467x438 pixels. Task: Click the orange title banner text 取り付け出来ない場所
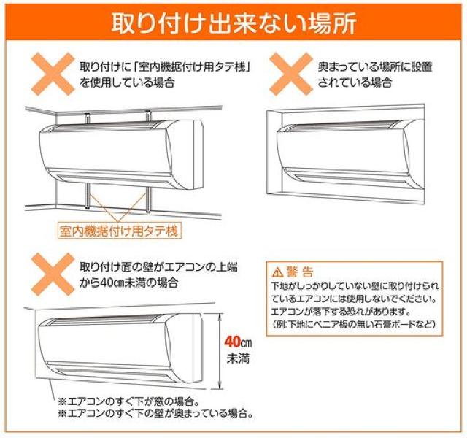(x=233, y=23)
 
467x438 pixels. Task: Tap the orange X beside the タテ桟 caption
(x=53, y=74)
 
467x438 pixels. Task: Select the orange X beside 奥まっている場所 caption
(x=291, y=74)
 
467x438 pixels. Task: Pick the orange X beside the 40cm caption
(x=53, y=274)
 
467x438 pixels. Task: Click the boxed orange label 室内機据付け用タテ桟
(x=118, y=231)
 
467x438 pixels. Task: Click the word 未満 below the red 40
(x=238, y=358)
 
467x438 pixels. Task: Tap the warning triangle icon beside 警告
(x=277, y=272)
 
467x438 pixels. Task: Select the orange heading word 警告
(x=300, y=272)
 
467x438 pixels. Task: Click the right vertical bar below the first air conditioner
(x=148, y=199)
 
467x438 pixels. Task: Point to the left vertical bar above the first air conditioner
(x=88, y=118)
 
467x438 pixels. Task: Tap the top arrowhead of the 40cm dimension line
(x=220, y=316)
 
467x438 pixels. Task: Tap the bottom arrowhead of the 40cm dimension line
(x=220, y=385)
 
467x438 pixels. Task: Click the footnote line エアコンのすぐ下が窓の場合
(x=128, y=401)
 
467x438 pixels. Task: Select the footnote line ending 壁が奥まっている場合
(x=155, y=413)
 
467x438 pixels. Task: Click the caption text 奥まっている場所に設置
(x=375, y=66)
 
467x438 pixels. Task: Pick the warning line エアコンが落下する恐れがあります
(x=339, y=312)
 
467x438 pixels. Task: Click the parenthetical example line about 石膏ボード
(x=353, y=324)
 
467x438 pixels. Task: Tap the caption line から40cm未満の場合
(x=128, y=283)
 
